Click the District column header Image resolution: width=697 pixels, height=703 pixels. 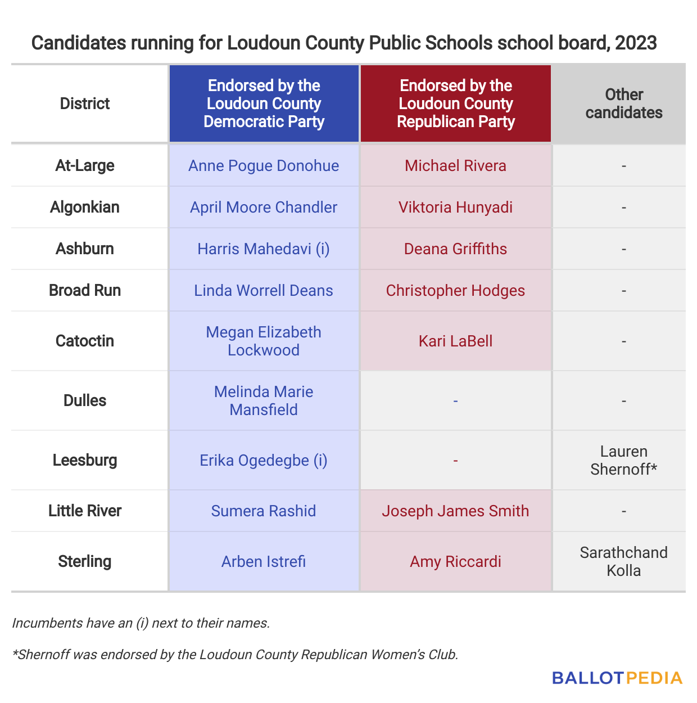85,103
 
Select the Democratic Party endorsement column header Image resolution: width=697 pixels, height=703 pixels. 264,103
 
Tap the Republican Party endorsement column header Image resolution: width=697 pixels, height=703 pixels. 455,103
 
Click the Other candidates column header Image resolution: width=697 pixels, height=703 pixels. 623,103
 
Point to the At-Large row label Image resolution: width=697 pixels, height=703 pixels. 85,165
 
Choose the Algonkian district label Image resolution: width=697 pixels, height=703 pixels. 85,207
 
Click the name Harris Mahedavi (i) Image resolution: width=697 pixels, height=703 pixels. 264,249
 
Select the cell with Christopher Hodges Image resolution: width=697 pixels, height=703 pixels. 455,290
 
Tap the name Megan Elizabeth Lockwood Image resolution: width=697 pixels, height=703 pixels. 264,341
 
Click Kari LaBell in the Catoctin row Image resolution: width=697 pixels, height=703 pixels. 455,341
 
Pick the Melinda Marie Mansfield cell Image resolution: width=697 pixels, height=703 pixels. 264,400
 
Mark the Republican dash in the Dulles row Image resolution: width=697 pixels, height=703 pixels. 455,401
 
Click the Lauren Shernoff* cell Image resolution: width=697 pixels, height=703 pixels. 623,460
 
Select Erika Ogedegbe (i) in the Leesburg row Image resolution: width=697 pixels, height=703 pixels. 264,460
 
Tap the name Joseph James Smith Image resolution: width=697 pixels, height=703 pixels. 455,511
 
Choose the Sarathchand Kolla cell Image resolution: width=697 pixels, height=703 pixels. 623,561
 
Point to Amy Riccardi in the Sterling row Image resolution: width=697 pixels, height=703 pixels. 455,561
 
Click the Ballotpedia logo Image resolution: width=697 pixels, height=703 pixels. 617,678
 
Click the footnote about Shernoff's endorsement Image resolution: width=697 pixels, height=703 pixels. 235,655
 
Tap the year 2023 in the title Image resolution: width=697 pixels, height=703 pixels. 636,43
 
